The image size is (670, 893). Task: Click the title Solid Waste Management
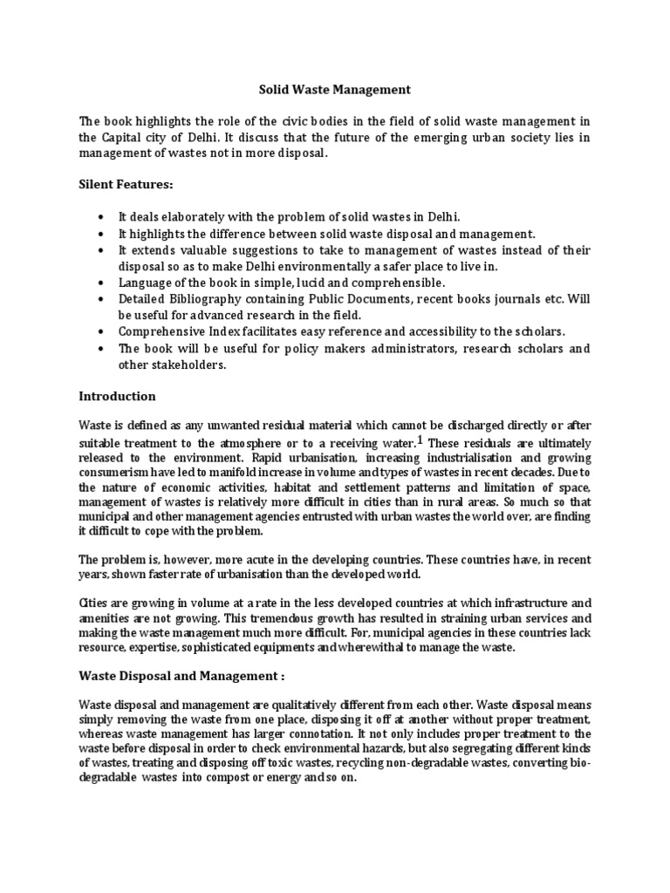(x=334, y=89)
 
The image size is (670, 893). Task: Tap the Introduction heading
(x=117, y=396)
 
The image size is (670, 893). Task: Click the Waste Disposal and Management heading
(x=181, y=676)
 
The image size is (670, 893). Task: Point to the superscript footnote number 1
(x=420, y=440)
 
